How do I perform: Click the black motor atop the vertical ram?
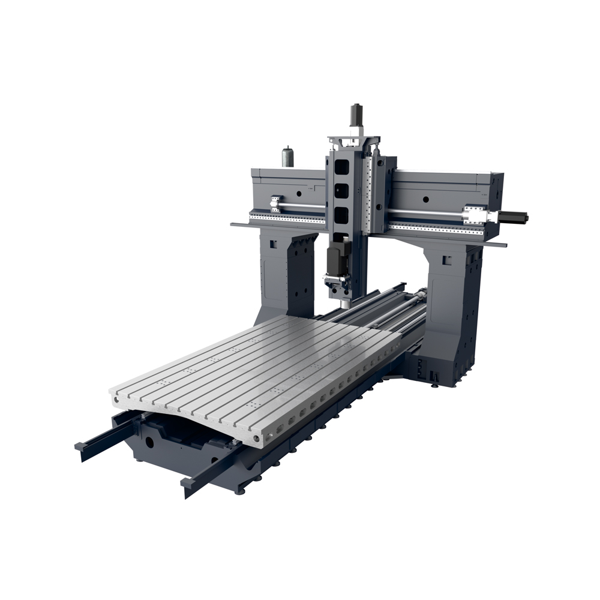point(357,113)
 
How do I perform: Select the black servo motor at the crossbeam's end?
point(513,217)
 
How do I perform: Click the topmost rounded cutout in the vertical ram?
point(341,166)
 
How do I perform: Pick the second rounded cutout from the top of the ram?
point(341,191)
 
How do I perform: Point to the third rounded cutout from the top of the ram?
point(341,215)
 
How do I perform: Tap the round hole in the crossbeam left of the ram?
point(298,193)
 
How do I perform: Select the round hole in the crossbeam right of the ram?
point(425,199)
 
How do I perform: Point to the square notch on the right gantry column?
point(446,260)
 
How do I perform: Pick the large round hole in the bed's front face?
point(148,443)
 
